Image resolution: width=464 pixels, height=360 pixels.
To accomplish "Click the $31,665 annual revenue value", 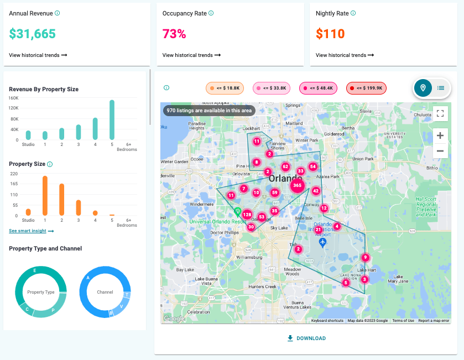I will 32,34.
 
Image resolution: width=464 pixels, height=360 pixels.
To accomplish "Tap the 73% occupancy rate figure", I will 174,34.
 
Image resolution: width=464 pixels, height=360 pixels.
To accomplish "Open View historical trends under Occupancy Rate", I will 191,55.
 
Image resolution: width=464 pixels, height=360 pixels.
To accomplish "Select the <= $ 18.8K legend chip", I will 225,88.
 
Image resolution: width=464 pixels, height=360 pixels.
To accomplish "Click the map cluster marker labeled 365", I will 298,186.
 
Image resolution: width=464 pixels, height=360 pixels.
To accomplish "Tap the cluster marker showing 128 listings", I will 247,215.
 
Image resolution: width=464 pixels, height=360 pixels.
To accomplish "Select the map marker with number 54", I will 312,166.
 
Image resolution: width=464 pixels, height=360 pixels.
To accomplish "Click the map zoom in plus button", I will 440,135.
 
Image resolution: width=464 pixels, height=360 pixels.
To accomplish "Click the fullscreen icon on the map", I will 440,113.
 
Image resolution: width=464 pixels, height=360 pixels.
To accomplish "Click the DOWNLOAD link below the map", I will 306,338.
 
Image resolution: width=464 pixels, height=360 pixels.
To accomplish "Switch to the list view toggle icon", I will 441,88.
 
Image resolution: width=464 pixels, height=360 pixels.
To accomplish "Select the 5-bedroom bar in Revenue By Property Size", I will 112,120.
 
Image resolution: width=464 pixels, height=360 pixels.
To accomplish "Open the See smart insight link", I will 31,231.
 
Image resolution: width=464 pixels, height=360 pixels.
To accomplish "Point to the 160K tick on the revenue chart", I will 14,98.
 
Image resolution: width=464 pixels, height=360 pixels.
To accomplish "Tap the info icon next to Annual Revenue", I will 58,13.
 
